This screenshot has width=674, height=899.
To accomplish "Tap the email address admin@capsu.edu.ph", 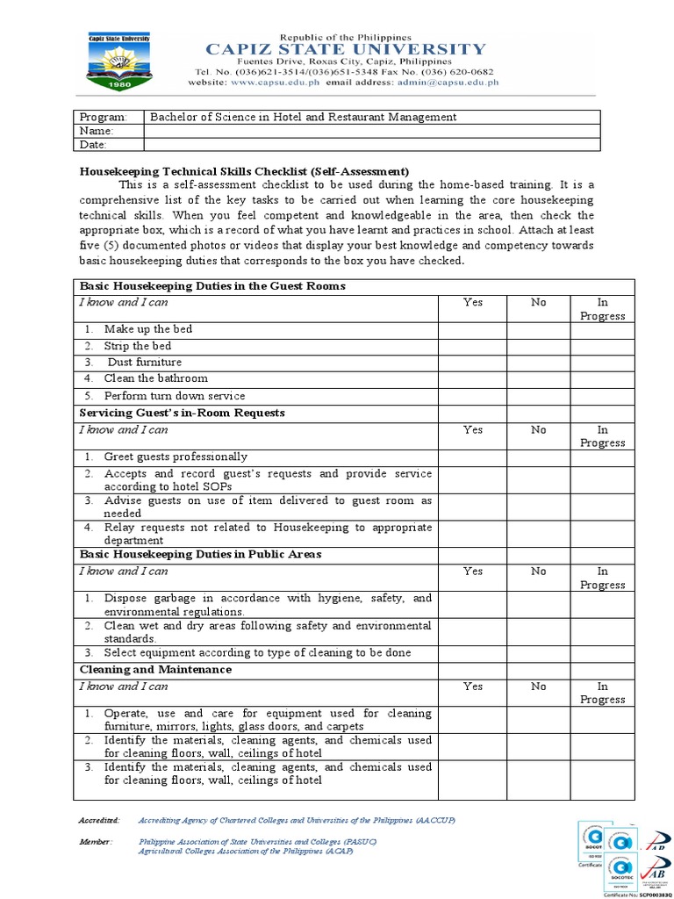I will click(448, 83).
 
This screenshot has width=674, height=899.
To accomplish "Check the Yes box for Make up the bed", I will click(472, 330).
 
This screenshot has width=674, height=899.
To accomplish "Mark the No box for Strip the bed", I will click(538, 347).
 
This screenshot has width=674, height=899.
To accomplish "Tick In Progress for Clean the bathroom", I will click(601, 379).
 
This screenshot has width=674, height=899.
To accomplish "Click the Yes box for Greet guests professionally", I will click(472, 457).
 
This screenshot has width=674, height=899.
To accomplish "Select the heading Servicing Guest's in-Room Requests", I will click(183, 413).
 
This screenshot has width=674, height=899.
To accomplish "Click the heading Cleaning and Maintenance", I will click(156, 670).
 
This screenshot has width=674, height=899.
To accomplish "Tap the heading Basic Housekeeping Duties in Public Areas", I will click(200, 555).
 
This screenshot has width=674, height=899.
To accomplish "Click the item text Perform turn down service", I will click(175, 396).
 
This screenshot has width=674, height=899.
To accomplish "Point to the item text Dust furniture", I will click(144, 363).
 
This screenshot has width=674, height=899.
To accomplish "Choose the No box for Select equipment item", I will click(538, 653).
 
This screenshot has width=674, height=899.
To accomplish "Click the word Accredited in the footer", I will click(99, 820).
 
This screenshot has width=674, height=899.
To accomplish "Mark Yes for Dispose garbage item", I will click(472, 605).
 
